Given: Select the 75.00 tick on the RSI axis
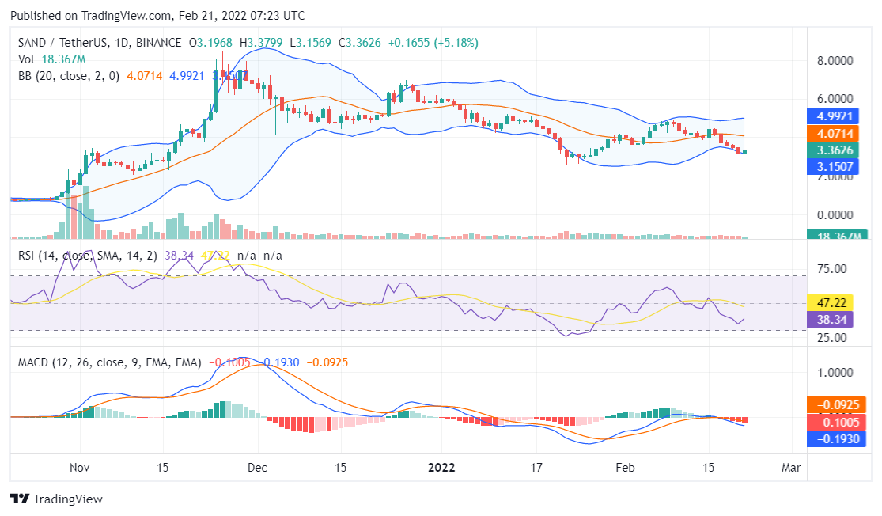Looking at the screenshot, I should click(831, 269).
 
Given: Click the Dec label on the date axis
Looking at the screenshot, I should click(258, 468).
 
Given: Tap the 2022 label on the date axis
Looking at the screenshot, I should click(439, 468).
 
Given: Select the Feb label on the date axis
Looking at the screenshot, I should click(625, 468).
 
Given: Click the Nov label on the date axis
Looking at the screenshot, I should click(79, 468).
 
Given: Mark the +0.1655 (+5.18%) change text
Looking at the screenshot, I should click(433, 43).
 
